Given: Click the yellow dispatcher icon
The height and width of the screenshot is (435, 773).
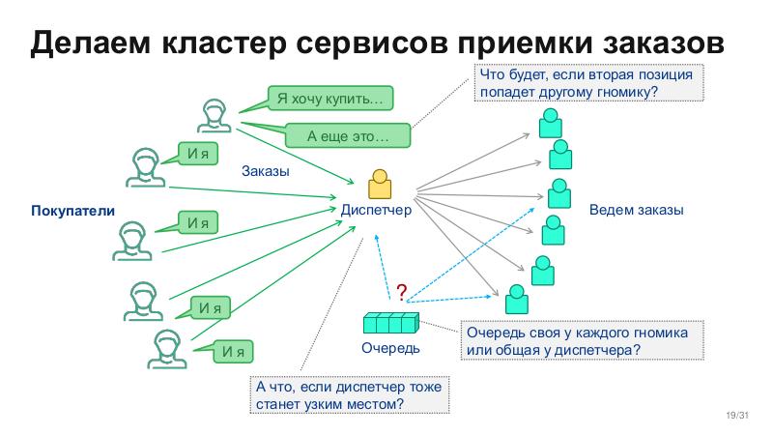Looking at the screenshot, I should point(380,186).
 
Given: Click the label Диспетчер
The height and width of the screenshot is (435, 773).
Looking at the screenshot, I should point(376,209).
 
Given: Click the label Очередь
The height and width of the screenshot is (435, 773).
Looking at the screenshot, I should point(391,347).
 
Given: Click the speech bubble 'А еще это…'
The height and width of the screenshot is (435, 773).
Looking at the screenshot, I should point(346,137).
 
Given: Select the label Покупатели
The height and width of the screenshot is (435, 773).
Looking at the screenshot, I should point(73,210).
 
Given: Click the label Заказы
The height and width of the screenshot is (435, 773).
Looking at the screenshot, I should point(265,171).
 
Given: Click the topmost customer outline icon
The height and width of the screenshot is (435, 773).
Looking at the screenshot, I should point(214,114).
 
